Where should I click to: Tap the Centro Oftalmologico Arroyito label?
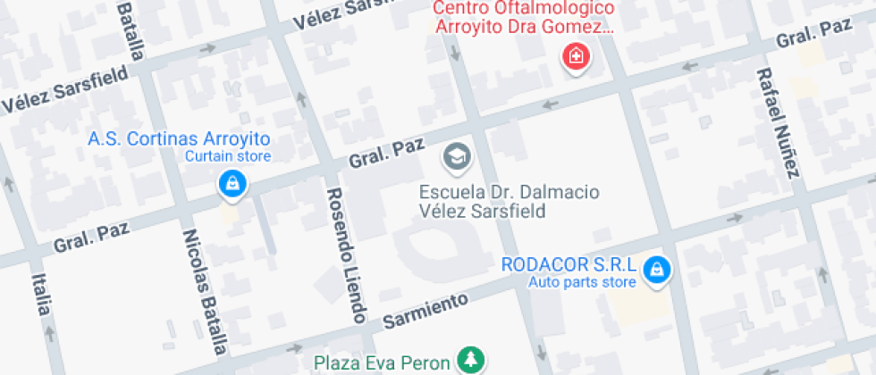tap(525, 17)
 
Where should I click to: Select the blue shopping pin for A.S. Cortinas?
tap(232, 184)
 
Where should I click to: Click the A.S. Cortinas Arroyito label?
tap(179, 139)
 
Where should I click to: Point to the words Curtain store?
tap(227, 156)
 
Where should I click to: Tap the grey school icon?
tap(458, 157)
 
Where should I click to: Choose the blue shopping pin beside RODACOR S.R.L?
tap(657, 268)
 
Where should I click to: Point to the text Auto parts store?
tap(582, 283)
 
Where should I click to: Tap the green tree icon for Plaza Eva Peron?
tap(469, 361)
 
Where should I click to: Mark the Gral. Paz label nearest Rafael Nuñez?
tap(813, 33)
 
